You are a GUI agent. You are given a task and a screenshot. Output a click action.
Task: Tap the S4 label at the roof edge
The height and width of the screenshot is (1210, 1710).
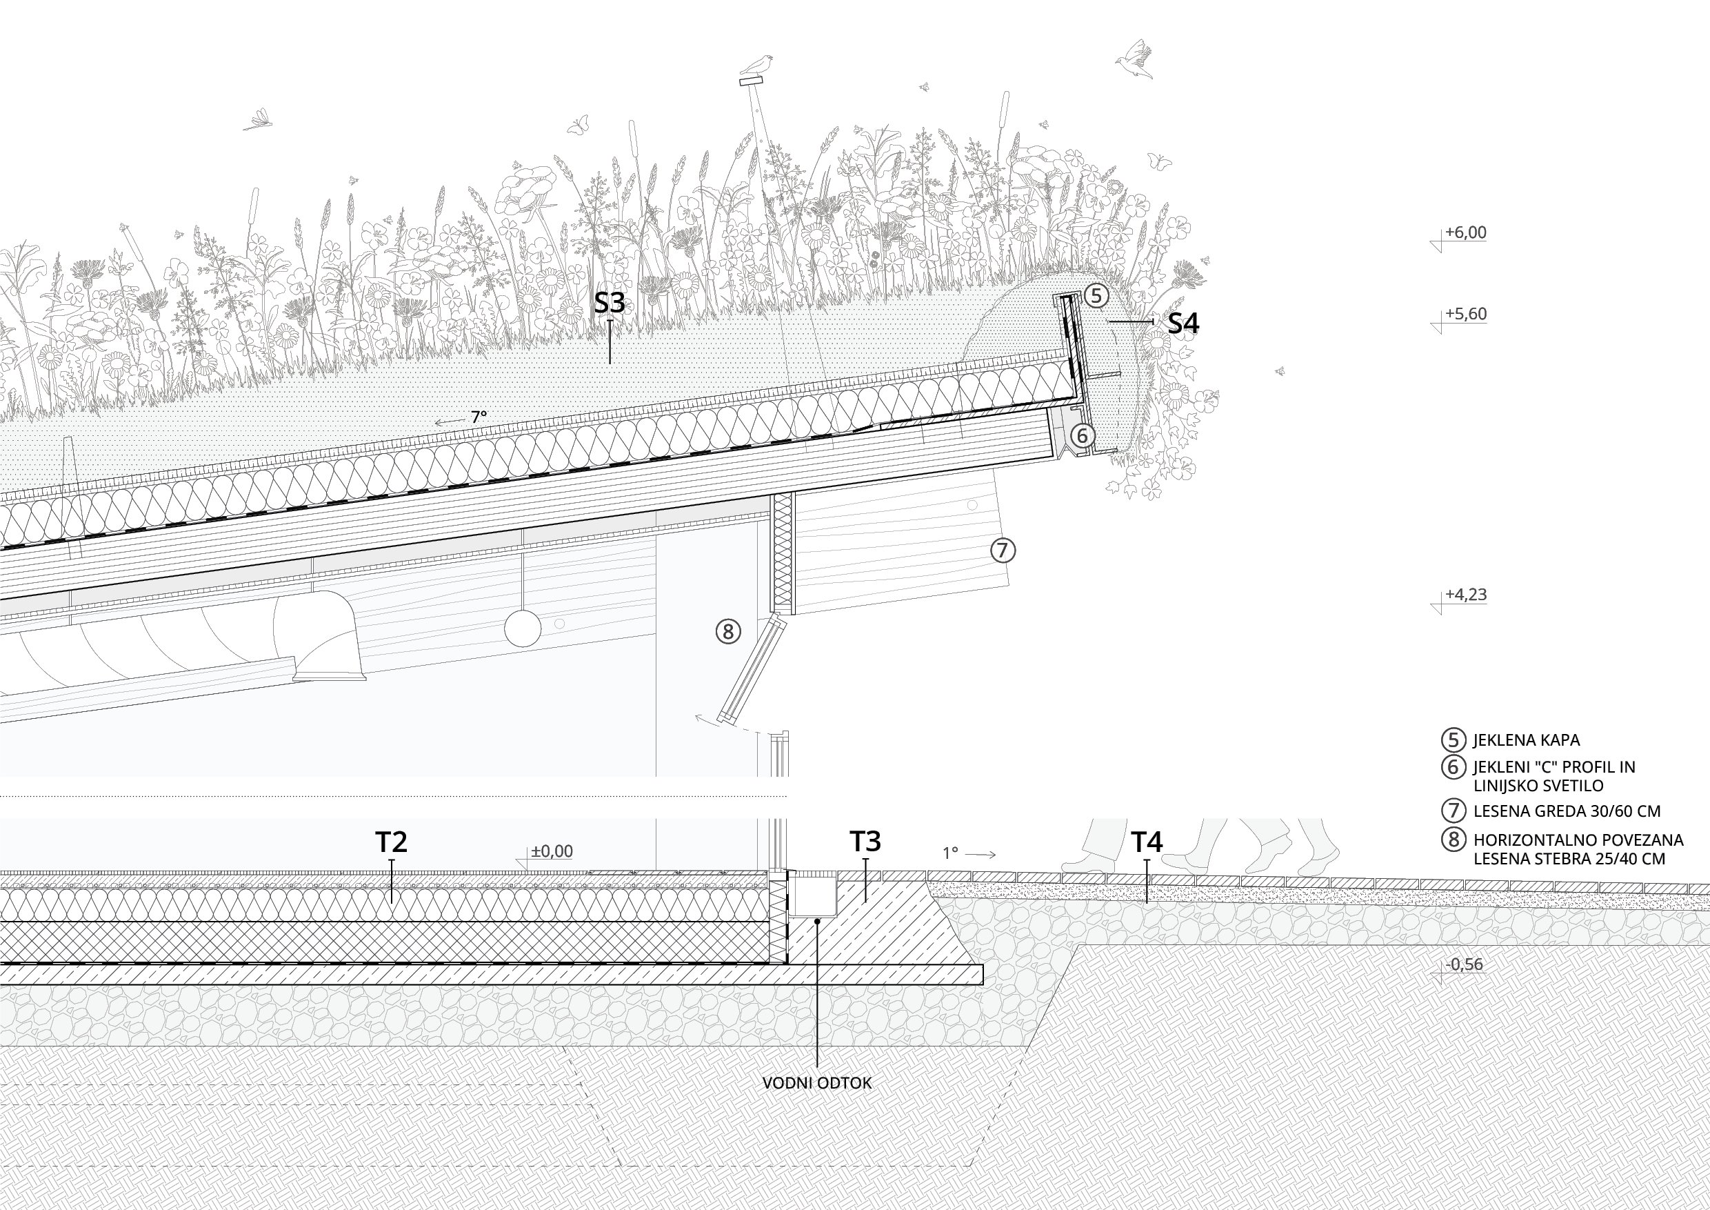point(1183,324)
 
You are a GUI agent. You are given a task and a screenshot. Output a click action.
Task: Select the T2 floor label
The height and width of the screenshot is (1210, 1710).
point(391,842)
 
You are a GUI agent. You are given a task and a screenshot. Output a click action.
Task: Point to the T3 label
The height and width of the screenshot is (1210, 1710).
point(865,841)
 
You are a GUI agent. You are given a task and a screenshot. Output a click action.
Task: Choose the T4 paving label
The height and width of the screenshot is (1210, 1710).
point(1147,842)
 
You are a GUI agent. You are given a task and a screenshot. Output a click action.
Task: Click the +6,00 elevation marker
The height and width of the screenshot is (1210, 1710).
point(1465,232)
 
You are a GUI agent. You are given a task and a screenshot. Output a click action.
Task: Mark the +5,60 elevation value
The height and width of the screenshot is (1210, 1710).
point(1466,314)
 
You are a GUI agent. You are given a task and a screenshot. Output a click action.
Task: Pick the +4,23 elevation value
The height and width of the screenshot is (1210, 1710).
point(1466,595)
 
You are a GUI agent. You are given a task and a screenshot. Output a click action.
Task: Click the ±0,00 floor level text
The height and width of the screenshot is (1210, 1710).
point(552,851)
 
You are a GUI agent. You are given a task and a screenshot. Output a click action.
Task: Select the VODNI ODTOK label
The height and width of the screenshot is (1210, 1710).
point(817,1083)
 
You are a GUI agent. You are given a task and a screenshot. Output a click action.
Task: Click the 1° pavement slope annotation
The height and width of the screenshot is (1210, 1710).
point(949,853)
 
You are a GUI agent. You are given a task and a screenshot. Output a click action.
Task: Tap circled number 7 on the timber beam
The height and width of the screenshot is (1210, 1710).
point(1003,551)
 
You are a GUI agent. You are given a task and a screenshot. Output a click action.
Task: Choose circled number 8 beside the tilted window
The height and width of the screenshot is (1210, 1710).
point(727,632)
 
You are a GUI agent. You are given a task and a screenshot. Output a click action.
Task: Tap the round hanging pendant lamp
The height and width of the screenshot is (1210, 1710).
point(523,628)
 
